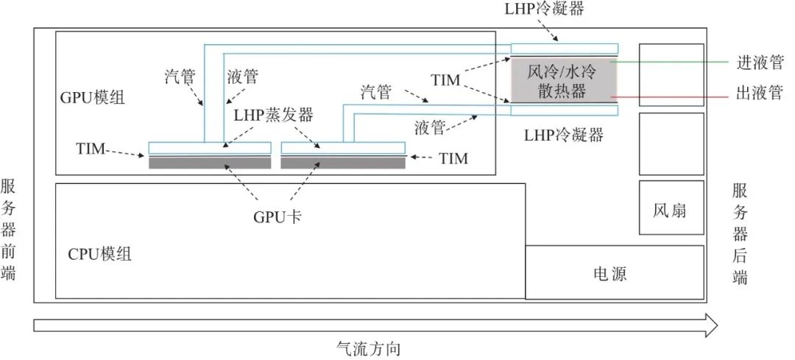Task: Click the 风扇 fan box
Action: pos(670,210)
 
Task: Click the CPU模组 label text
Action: pos(100,255)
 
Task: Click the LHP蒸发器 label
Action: pos(274,116)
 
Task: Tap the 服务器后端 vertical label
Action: pos(739,234)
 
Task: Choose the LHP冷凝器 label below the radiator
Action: pos(565,135)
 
